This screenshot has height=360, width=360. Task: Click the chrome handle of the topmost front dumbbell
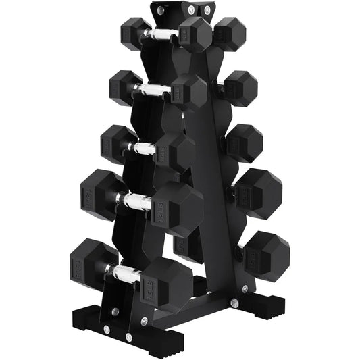tap(163, 33)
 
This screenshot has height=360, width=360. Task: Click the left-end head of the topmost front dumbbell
tap(136, 31)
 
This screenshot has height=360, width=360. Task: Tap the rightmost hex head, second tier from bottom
tap(257, 190)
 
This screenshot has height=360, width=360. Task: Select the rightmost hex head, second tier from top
tap(238, 88)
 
